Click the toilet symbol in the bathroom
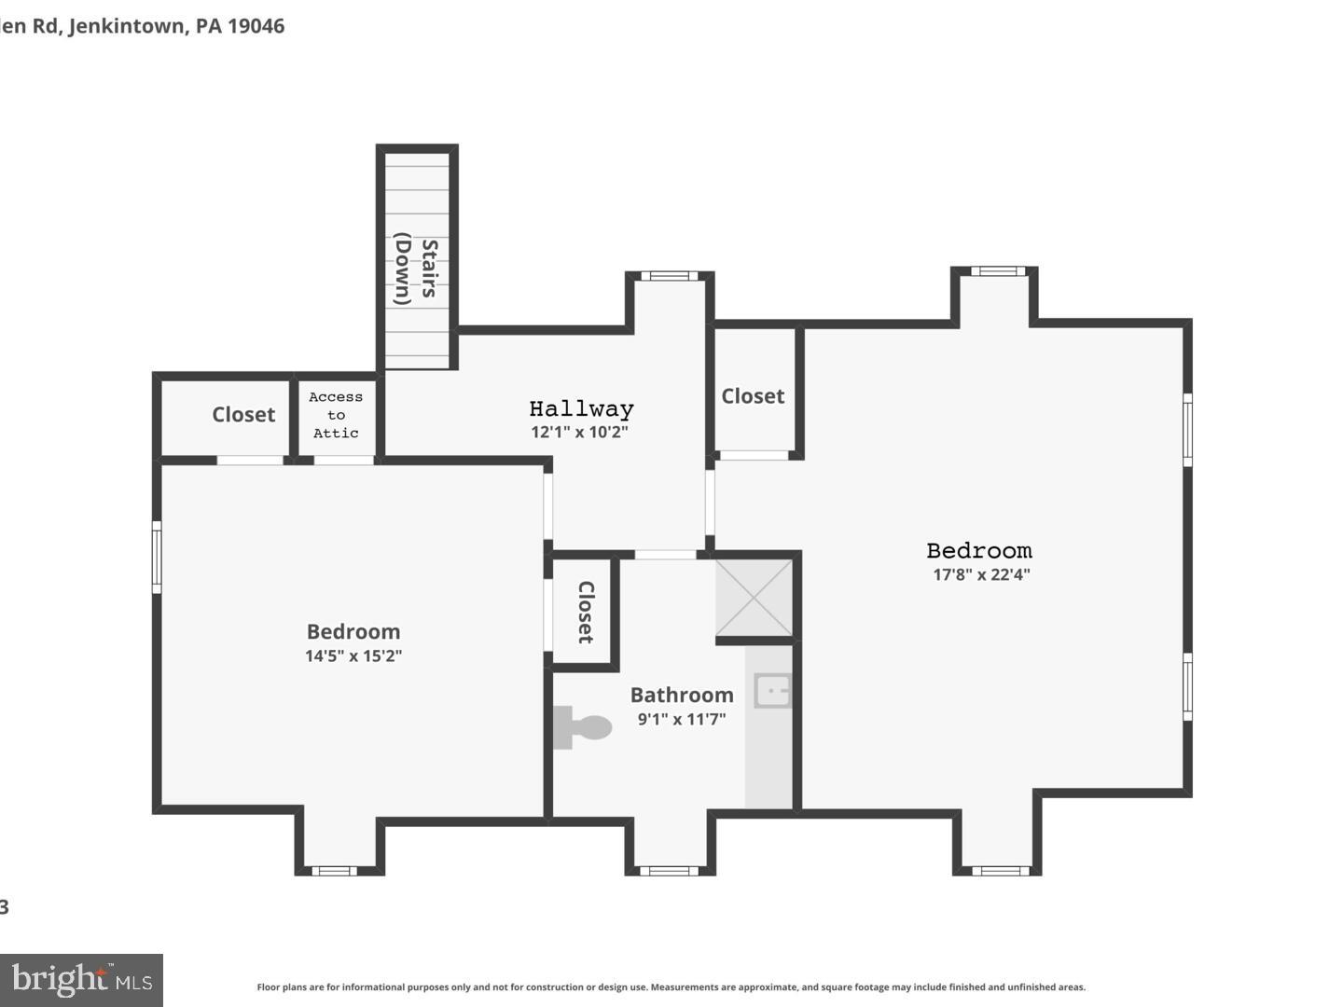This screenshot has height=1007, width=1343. (x=582, y=727)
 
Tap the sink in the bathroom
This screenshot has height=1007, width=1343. (x=773, y=691)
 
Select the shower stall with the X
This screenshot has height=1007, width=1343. (x=754, y=598)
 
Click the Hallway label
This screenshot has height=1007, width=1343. (x=581, y=408)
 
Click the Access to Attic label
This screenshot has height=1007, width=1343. (x=336, y=415)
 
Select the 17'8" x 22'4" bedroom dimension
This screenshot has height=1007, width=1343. (x=981, y=574)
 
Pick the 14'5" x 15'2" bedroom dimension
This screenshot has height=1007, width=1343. (x=353, y=655)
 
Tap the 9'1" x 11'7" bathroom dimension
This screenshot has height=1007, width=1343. (x=682, y=719)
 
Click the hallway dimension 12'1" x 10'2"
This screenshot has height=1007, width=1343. (x=580, y=432)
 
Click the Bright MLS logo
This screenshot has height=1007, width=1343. (x=82, y=980)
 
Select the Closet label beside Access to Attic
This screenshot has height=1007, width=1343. (x=243, y=415)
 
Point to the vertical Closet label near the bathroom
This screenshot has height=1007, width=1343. (x=586, y=612)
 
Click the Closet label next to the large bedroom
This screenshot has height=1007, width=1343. (x=753, y=396)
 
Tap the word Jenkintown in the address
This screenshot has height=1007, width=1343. (x=127, y=26)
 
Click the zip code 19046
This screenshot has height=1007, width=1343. (x=256, y=26)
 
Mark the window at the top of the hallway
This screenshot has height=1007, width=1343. (x=669, y=276)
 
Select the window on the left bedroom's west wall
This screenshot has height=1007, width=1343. (x=157, y=558)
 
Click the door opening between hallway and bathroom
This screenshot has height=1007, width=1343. (x=665, y=555)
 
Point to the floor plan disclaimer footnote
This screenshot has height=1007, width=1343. (x=671, y=986)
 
